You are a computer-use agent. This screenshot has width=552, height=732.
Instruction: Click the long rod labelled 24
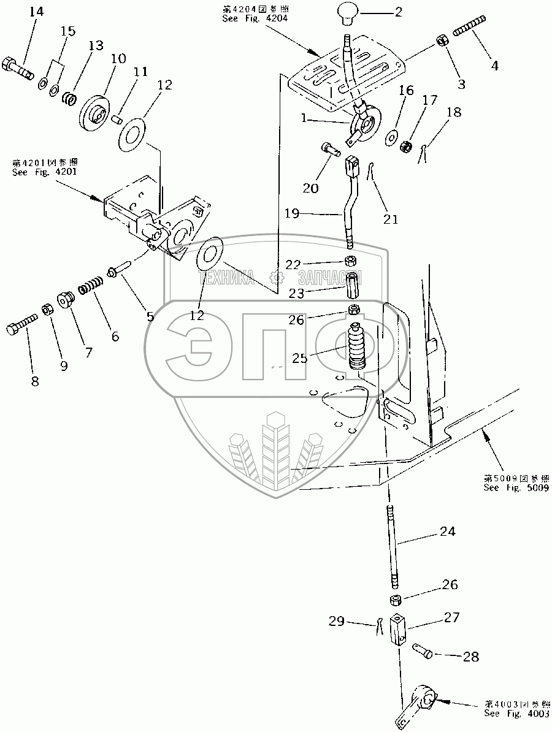coord(391,546)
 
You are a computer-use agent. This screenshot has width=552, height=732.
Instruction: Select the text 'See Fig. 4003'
coord(516,714)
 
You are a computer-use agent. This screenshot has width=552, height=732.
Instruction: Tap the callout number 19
coord(293,214)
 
